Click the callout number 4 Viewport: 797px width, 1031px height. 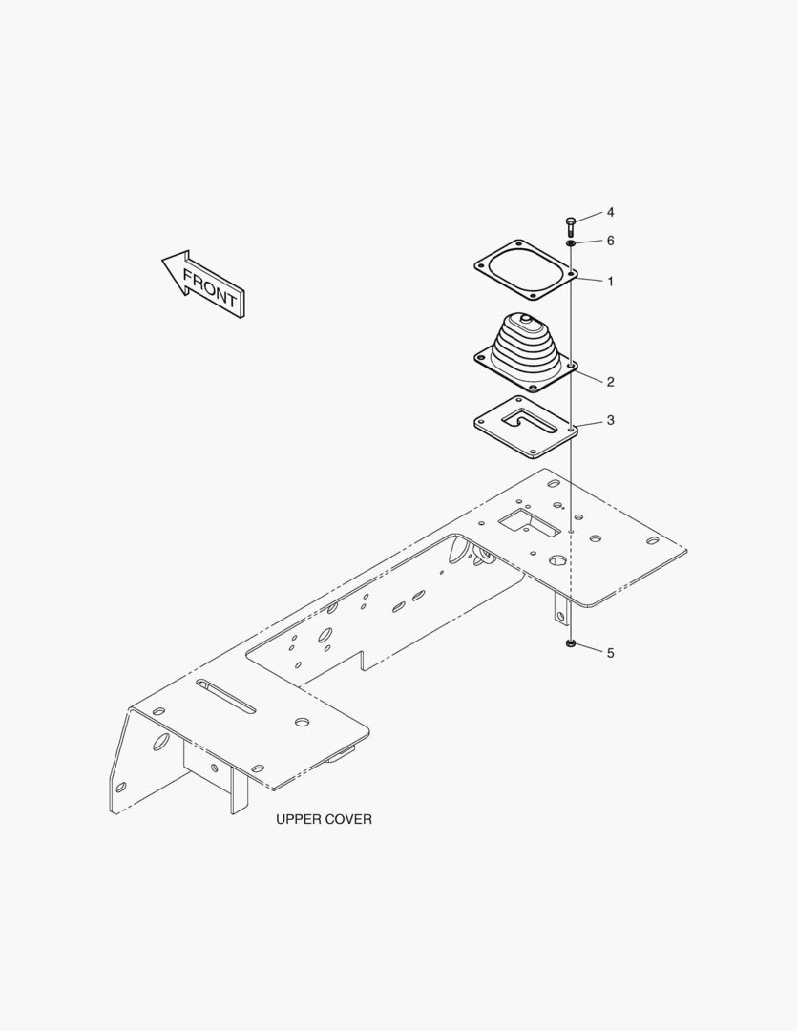(610, 212)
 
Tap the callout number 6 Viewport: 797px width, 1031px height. (610, 241)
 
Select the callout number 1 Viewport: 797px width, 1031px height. (610, 282)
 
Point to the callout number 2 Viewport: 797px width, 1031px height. (610, 382)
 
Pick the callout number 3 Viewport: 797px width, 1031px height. (610, 420)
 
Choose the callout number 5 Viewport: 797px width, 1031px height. (610, 653)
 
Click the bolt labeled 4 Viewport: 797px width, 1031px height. (570, 226)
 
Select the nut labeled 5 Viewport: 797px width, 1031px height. (571, 643)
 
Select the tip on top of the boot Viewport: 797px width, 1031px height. (525, 318)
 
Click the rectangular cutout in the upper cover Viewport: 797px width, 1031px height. (529, 521)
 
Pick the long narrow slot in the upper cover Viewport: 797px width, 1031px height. (225, 696)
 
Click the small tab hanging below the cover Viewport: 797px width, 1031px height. (559, 608)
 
